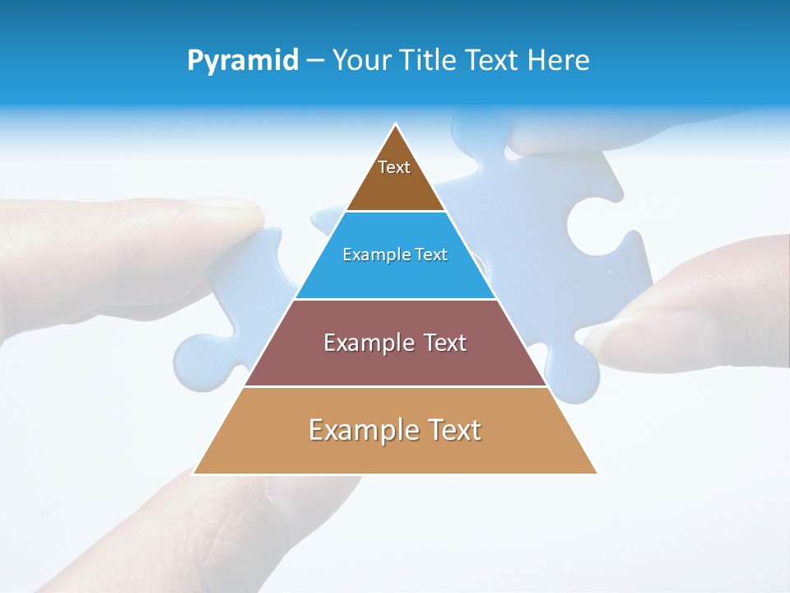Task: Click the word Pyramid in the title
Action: click(242, 61)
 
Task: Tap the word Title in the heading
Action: click(431, 61)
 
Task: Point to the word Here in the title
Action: click(559, 61)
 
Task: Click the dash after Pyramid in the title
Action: click(314, 61)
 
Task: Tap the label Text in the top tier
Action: click(394, 167)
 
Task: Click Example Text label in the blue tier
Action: click(395, 254)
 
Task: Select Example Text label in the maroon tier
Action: click(395, 343)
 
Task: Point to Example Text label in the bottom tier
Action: click(395, 430)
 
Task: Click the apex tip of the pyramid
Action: click(396, 125)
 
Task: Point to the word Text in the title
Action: click(491, 61)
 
